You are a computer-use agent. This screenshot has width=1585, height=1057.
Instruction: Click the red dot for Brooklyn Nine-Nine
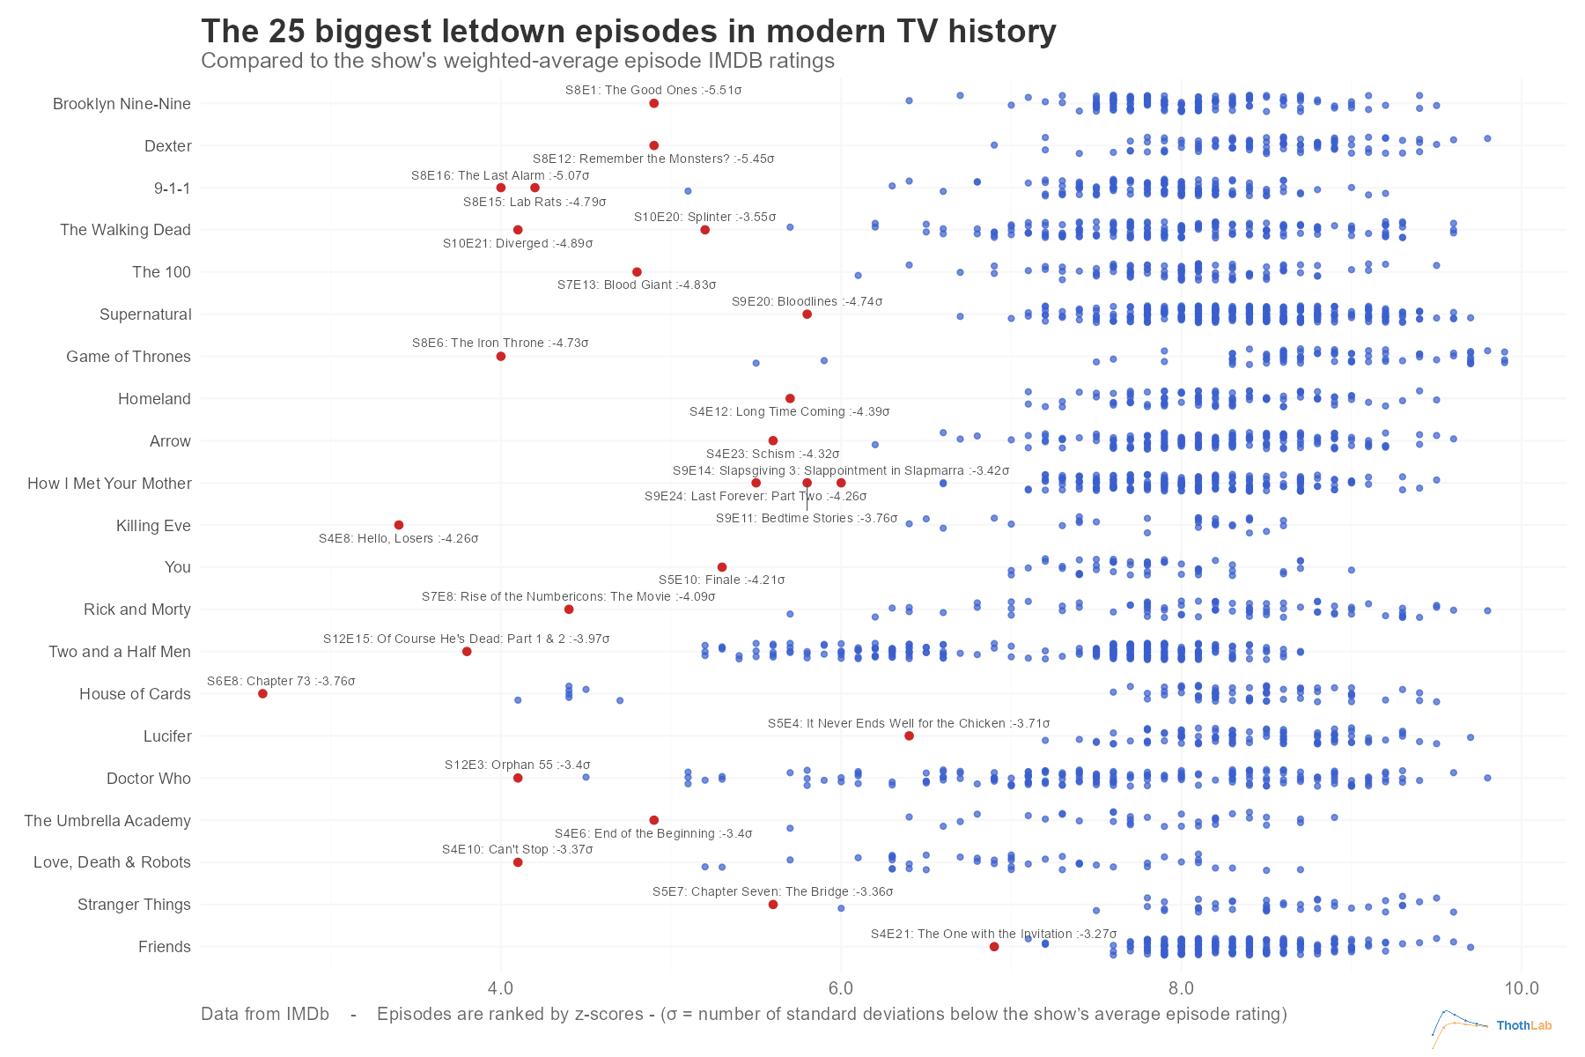pyautogui.click(x=653, y=103)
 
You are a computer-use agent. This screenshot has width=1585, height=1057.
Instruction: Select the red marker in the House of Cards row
pyautogui.click(x=262, y=694)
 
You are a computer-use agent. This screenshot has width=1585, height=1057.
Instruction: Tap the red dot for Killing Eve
pyautogui.click(x=398, y=525)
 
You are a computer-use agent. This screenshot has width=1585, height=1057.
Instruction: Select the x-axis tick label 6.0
pyautogui.click(x=841, y=987)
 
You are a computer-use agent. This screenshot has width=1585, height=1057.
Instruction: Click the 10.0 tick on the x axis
pyautogui.click(x=1521, y=987)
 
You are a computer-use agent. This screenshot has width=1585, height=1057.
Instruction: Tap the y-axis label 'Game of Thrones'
pyautogui.click(x=128, y=357)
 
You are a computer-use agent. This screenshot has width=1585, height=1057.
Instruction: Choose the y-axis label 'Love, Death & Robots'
pyautogui.click(x=112, y=862)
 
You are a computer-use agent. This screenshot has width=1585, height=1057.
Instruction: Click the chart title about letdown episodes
pyautogui.click(x=628, y=31)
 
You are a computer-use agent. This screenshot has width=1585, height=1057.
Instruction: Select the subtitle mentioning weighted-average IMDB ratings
pyautogui.click(x=517, y=61)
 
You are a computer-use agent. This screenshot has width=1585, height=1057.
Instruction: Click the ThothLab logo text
pyautogui.click(x=1523, y=1025)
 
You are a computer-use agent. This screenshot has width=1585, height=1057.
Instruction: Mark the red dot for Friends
pyautogui.click(x=994, y=947)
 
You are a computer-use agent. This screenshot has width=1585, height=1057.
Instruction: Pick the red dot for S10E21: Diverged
pyautogui.click(x=518, y=230)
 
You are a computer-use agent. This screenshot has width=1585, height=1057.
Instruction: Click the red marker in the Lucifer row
pyautogui.click(x=909, y=735)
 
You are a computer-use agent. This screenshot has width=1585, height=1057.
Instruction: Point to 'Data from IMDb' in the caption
pyautogui.click(x=264, y=1014)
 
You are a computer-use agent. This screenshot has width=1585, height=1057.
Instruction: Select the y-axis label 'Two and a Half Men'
pyautogui.click(x=120, y=652)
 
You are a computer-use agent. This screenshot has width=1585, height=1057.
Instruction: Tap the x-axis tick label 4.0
pyautogui.click(x=500, y=987)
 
